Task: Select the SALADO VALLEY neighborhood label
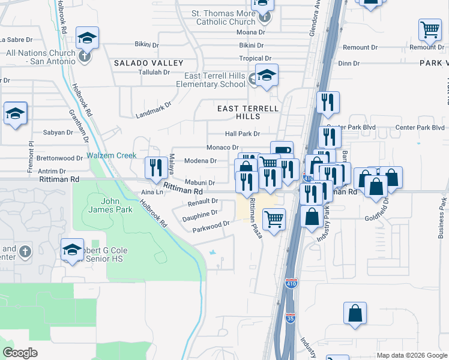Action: tap(149, 63)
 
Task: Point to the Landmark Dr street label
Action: tap(154, 108)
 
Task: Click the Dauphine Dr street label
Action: tap(200, 214)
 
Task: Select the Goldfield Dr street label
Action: tap(377, 211)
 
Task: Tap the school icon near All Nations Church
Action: tap(88, 38)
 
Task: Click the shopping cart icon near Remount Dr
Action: tap(430, 29)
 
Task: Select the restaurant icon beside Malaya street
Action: tap(155, 167)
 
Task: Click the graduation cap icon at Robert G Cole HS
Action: tap(72, 248)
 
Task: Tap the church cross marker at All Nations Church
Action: tap(84, 57)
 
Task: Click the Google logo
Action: tap(20, 353)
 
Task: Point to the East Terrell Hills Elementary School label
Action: tap(214, 80)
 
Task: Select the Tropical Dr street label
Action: tap(252, 58)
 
